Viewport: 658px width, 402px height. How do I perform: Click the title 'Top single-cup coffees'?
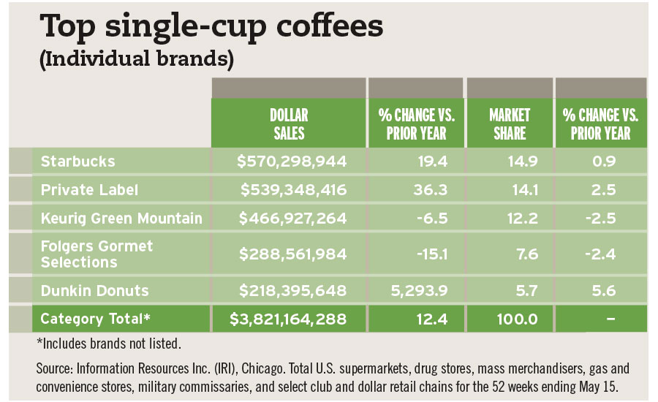(211, 28)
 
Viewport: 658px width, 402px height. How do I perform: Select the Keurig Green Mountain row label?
(121, 217)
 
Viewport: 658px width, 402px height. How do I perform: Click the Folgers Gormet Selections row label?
(97, 254)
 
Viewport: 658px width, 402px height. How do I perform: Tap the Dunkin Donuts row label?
(94, 290)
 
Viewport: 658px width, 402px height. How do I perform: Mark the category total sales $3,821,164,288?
(289, 319)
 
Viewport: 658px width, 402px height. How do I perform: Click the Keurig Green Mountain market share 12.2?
(517, 217)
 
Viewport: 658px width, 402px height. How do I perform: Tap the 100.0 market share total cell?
(513, 319)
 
